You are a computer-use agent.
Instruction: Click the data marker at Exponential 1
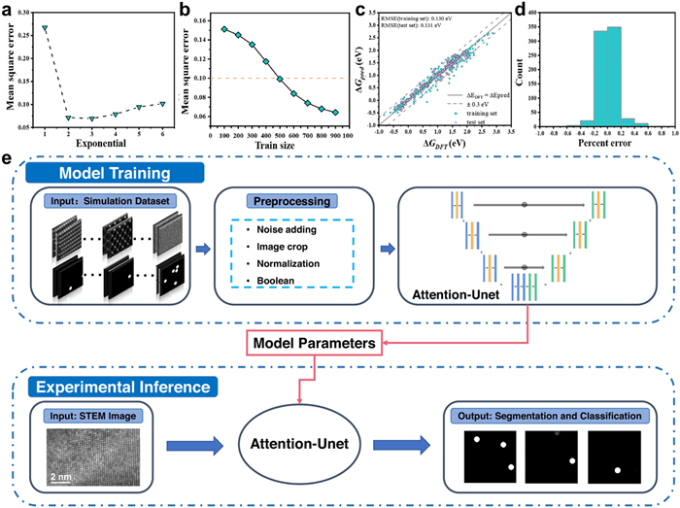[45, 28]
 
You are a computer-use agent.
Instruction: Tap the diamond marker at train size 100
[223, 29]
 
